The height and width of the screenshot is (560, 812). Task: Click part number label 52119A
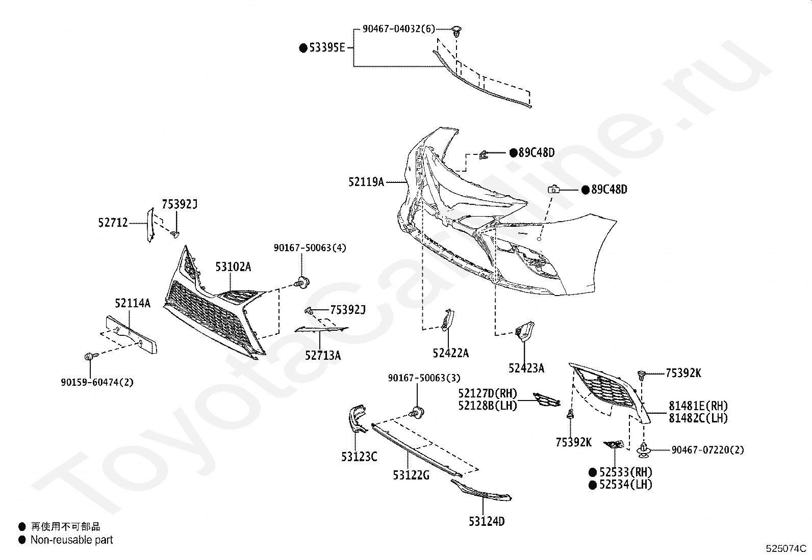(x=366, y=182)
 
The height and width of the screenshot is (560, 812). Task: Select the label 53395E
(x=327, y=48)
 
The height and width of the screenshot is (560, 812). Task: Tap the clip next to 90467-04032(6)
(x=457, y=32)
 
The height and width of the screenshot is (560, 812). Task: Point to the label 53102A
(x=233, y=267)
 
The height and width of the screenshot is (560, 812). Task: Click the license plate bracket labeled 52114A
(x=131, y=335)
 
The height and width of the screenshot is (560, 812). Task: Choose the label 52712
(x=113, y=222)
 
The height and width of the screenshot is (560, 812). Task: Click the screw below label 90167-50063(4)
(x=303, y=282)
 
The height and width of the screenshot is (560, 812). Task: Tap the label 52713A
(x=323, y=356)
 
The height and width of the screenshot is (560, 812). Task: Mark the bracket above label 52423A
(x=524, y=331)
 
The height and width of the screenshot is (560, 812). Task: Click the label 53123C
(x=359, y=457)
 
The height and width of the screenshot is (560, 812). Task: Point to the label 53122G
(x=411, y=475)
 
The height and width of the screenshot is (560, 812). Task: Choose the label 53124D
(x=487, y=521)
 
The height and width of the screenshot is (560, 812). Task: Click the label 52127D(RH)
(x=488, y=393)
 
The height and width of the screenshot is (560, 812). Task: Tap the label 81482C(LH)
(x=698, y=418)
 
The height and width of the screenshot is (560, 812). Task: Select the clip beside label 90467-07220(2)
(x=644, y=450)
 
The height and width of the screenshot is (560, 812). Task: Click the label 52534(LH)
(x=626, y=484)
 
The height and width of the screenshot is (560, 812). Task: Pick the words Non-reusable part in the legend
(x=72, y=540)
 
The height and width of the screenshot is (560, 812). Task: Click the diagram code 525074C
(x=786, y=548)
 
